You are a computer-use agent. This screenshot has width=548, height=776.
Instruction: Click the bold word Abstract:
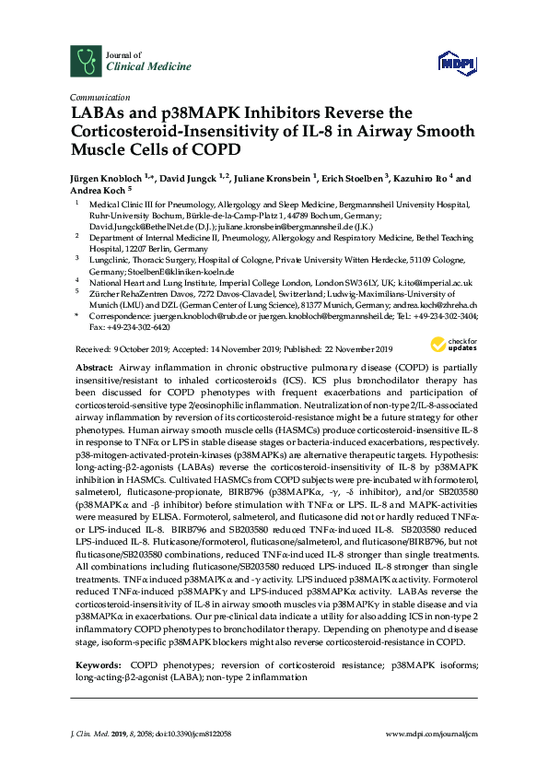pos(94,367)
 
